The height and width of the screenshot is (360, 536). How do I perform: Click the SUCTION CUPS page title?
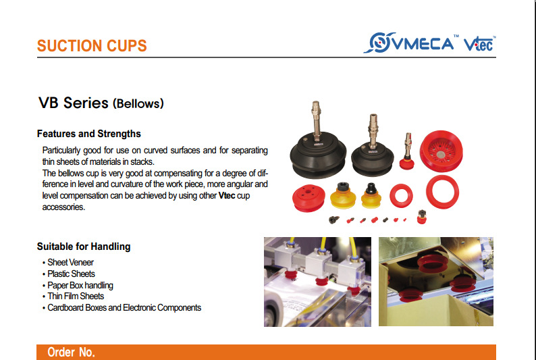click(92, 46)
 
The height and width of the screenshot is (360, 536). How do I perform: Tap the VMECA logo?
click(409, 43)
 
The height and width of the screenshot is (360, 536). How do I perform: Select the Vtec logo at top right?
click(479, 43)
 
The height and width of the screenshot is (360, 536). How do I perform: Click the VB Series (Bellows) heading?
click(101, 103)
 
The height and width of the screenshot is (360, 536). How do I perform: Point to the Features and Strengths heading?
click(89, 134)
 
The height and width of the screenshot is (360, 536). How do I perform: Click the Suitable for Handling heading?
click(84, 247)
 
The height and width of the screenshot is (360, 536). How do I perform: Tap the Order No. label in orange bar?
click(71, 352)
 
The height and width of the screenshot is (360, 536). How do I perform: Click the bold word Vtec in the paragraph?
click(227, 196)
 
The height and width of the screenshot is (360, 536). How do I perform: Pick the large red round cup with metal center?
click(441, 151)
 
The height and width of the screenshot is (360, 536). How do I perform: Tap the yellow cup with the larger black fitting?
click(343, 196)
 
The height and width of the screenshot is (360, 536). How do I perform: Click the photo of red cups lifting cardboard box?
click(436, 282)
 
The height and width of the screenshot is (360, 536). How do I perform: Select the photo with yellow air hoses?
click(317, 282)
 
